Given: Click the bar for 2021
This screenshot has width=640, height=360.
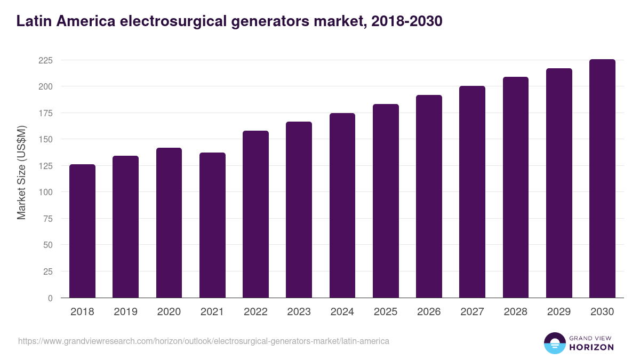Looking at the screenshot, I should [x=212, y=225].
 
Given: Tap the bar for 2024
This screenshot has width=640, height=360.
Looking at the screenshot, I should [x=342, y=205].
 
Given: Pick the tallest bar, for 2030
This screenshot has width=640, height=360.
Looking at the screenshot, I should [x=602, y=179].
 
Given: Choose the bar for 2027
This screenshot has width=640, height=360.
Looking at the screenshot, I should [x=472, y=192].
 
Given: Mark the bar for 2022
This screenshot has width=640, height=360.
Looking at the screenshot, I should [x=255, y=214].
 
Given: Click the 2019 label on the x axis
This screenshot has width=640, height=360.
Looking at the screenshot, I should [x=125, y=312].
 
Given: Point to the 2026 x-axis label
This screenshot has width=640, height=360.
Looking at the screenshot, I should [x=429, y=312].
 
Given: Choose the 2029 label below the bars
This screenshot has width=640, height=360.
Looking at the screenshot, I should [x=559, y=312].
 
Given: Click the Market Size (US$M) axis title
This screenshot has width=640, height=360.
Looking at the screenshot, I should [x=21, y=172].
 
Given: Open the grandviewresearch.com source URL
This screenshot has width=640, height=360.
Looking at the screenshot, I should [x=203, y=341].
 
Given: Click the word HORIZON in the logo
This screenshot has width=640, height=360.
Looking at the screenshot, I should [x=592, y=347].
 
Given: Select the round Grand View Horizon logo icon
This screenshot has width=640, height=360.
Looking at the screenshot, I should [x=554, y=343].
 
